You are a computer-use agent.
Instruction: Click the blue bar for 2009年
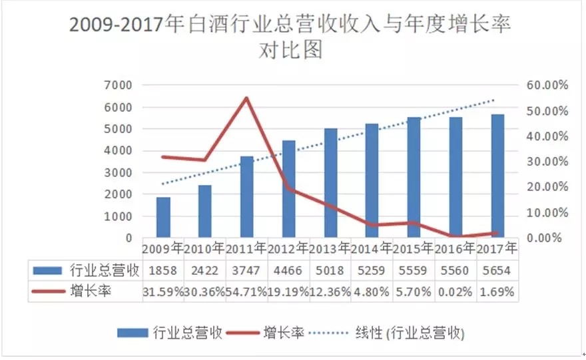(163, 218)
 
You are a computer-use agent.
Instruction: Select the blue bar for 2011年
(247, 197)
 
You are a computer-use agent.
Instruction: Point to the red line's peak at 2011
(246, 98)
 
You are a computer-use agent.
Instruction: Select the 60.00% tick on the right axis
(545, 85)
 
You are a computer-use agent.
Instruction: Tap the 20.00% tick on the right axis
(545, 187)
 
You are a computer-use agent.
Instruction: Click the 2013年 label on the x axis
(330, 249)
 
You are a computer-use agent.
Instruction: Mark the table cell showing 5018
(330, 270)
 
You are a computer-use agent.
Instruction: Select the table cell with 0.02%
(455, 291)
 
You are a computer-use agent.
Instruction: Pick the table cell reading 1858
(162, 270)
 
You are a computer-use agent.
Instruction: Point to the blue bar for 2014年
(372, 181)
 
